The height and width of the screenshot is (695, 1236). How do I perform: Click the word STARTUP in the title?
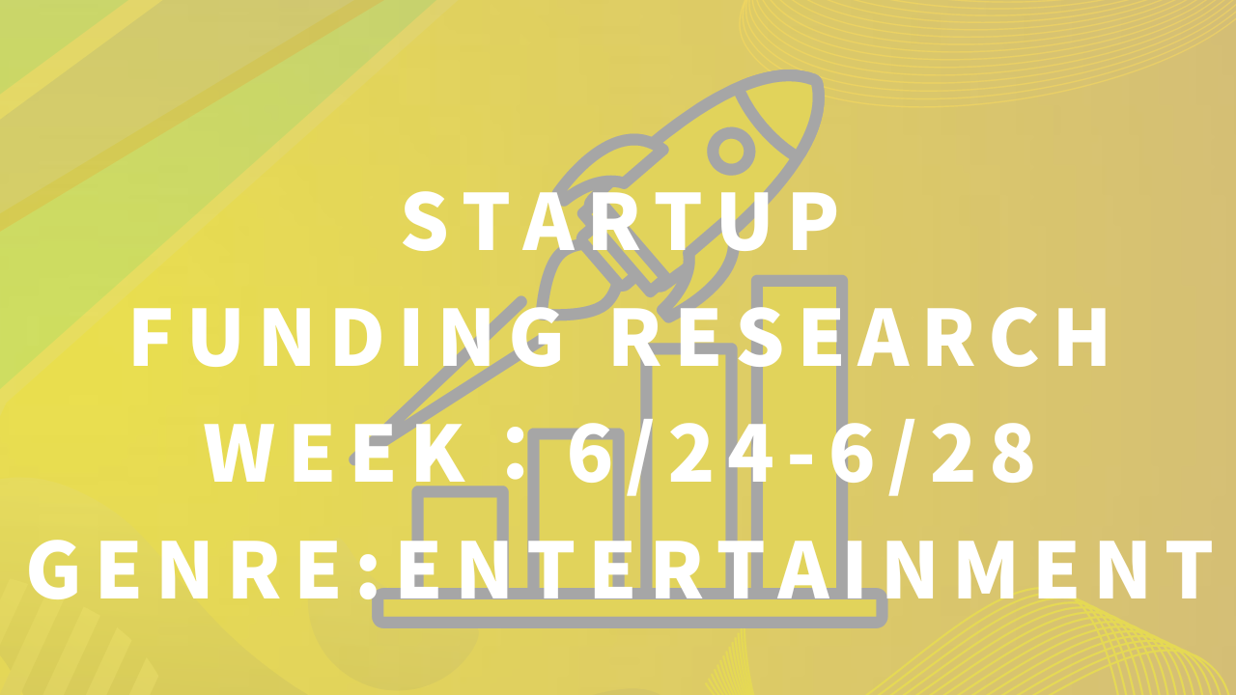pos(621,222)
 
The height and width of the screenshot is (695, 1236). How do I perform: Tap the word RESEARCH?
pos(860,337)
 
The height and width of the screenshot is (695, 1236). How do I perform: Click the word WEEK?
pos(336,452)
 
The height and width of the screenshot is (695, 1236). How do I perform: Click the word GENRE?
pos(184,570)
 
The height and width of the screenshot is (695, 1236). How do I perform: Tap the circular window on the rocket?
pos(731,151)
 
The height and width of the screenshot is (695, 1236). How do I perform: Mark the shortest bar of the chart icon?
pos(460,538)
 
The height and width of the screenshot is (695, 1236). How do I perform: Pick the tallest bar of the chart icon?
pos(799,433)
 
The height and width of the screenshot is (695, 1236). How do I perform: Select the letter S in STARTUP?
pos(424,222)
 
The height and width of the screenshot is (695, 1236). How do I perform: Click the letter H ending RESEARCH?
pos(1083,337)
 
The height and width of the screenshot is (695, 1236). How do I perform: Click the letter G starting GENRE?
pos(53,570)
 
